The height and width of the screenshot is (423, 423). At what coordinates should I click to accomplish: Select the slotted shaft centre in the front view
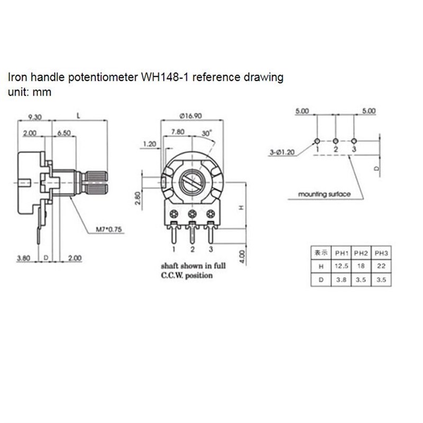pos(192,182)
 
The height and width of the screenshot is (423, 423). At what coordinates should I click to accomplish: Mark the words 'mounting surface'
pos(324,194)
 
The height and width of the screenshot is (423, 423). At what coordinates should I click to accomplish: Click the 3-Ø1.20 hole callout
pos(282,152)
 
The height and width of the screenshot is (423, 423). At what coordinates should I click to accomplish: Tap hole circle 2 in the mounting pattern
pos(336,141)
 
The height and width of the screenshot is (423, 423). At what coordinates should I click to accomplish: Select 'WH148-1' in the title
pos(161,78)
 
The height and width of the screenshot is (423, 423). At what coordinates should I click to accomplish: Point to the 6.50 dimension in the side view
pos(65,133)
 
